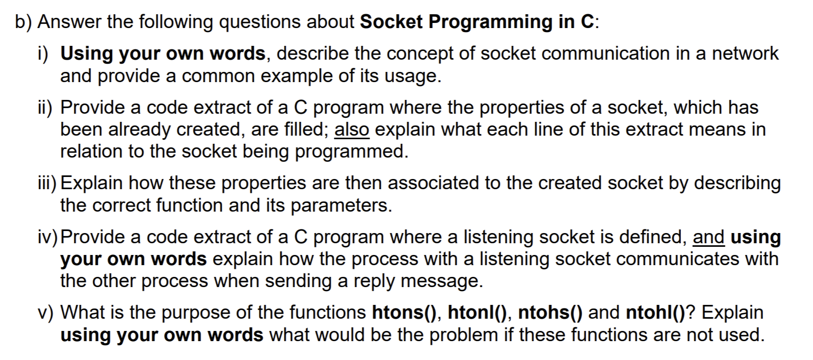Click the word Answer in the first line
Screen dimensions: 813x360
tap(69, 22)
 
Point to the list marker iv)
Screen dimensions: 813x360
tap(48, 237)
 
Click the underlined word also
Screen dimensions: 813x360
tap(352, 130)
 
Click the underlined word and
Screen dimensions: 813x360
tap(709, 237)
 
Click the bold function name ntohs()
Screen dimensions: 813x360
tap(550, 313)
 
